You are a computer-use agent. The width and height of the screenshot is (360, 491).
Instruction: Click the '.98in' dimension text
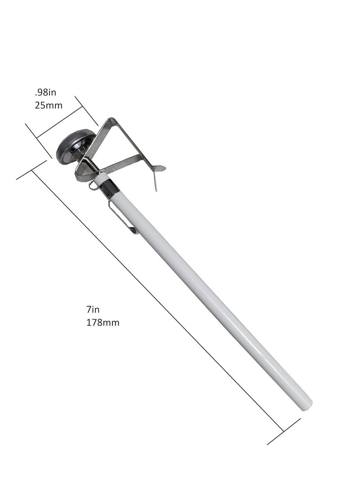coord(46,92)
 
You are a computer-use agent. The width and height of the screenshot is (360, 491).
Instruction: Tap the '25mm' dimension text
coord(49,105)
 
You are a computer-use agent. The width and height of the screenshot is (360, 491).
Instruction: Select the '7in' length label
coord(93,310)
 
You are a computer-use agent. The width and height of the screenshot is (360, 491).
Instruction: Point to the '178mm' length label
coord(103,323)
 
